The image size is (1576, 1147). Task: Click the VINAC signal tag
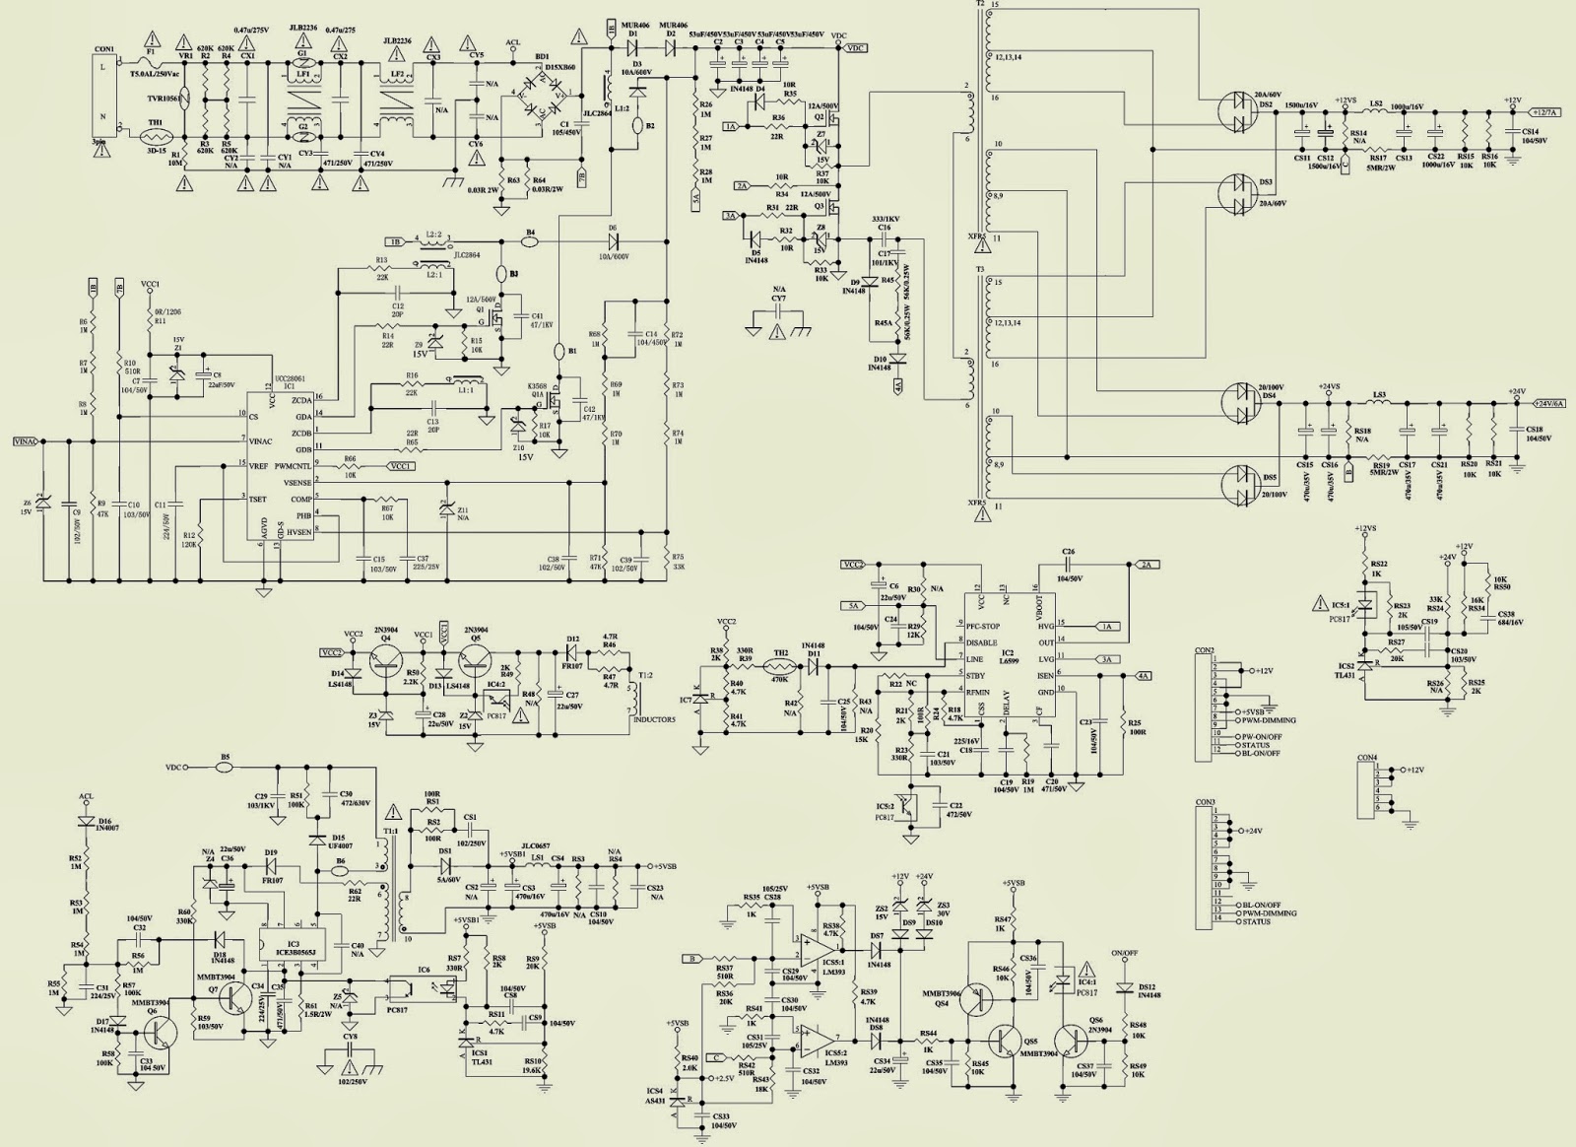[26, 441]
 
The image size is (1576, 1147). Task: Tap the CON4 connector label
[1366, 758]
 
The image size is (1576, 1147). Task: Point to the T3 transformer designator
[979, 268]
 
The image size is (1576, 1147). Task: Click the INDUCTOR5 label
[653, 718]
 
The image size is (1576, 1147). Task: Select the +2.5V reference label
[727, 1078]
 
